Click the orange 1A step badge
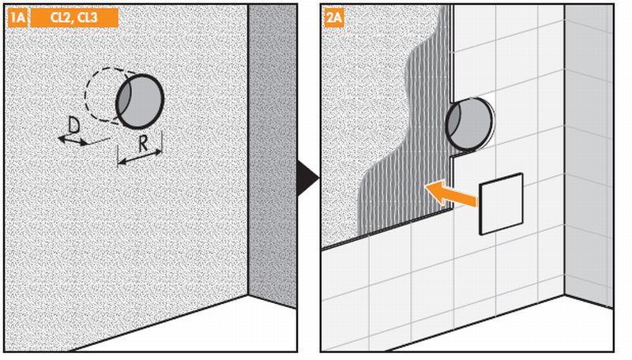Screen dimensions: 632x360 pos(17,18)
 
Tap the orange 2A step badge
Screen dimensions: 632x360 pos(334,18)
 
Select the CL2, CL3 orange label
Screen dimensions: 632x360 pos(74,18)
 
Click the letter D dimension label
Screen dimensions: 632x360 pos(73,126)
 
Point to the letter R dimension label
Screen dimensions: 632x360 pos(143,144)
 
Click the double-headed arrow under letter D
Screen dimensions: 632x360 pos(73,141)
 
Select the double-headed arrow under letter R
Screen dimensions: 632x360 pos(141,157)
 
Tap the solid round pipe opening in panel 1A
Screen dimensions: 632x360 pos(140,101)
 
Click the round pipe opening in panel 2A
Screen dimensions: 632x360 pos(469,125)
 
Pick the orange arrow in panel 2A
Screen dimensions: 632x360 pos(452,193)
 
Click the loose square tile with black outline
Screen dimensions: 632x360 pos(501,204)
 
